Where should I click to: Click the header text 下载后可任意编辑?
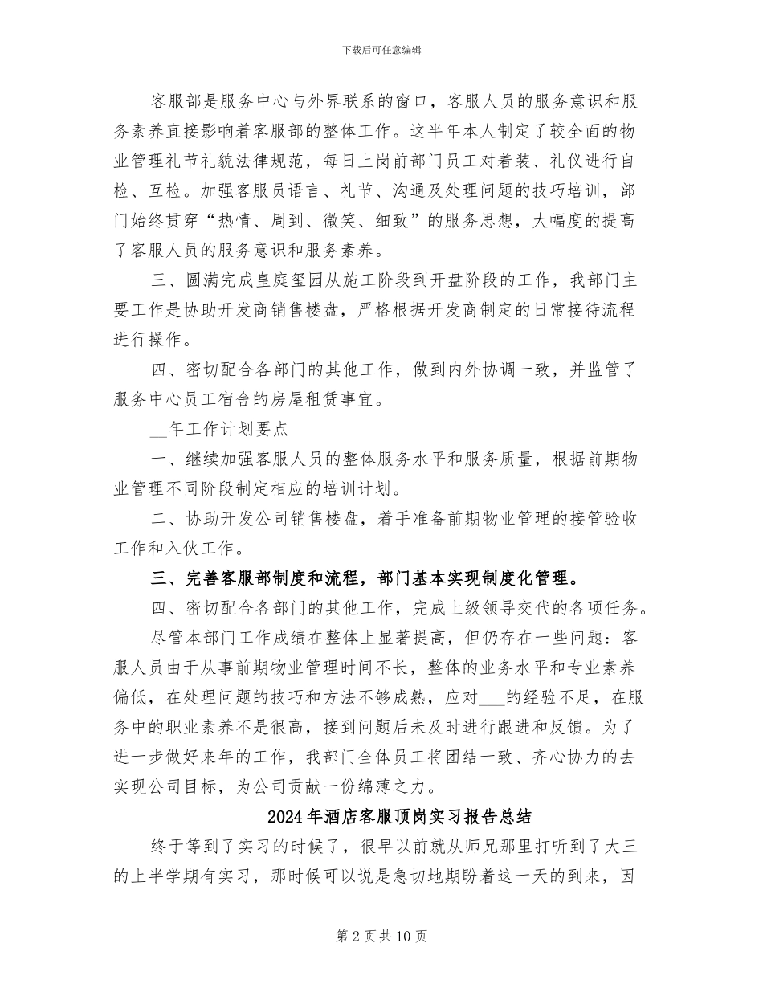click(381, 50)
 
